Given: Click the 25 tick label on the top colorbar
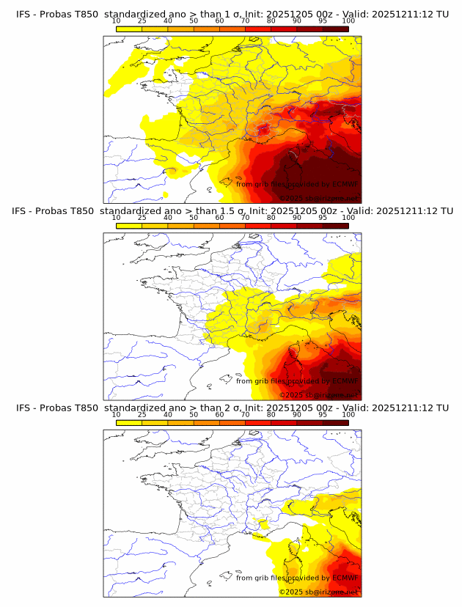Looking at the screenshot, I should coord(142,21).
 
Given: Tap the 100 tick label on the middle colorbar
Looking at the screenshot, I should coord(348,218).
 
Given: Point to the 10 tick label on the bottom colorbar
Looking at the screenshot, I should coord(117,415).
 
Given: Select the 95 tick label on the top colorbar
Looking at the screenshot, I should coord(323,21).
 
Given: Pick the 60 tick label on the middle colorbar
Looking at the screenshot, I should coord(219,218).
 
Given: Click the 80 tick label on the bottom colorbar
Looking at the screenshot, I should coord(271,415).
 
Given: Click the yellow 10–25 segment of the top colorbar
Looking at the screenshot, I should coord(129,29).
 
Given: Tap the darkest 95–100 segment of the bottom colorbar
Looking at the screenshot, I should coord(335,423).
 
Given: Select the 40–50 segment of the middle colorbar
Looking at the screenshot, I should coord(180,226).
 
